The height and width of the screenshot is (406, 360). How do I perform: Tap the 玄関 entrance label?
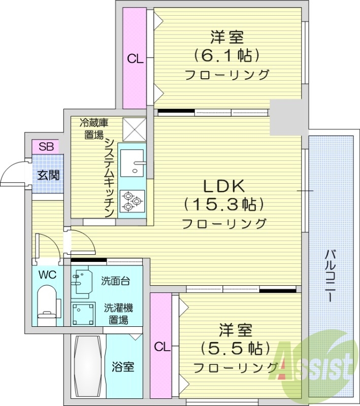[x=48, y=176]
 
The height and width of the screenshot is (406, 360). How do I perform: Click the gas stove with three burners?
[x=132, y=200]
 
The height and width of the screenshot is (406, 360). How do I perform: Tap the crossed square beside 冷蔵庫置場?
[x=135, y=129]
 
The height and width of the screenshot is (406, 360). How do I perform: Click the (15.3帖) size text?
[x=224, y=205]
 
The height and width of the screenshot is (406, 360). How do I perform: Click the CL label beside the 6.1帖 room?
[x=135, y=59]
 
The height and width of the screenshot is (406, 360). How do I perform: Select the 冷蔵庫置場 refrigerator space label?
[x=93, y=129]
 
